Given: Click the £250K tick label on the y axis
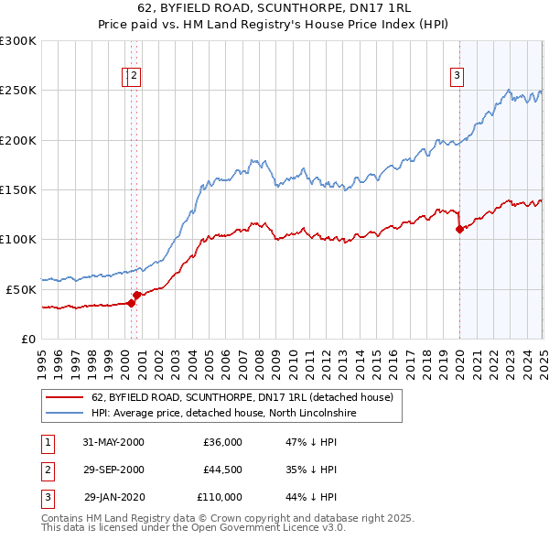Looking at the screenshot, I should [18, 91].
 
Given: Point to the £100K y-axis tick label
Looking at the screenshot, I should [18, 240].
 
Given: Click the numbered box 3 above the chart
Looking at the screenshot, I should [457, 77].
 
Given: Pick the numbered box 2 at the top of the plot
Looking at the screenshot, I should [135, 77].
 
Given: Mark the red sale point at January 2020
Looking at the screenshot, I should [459, 230].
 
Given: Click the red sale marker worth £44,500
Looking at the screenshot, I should [136, 295].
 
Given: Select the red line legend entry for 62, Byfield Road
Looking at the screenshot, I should [242, 397].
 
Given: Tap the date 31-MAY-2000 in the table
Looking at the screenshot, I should [113, 442].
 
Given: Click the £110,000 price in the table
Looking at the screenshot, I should [220, 497].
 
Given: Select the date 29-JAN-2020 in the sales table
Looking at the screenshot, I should [114, 497].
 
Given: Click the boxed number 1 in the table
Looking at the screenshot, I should [48, 442].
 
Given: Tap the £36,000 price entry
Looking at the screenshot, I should [222, 442].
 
